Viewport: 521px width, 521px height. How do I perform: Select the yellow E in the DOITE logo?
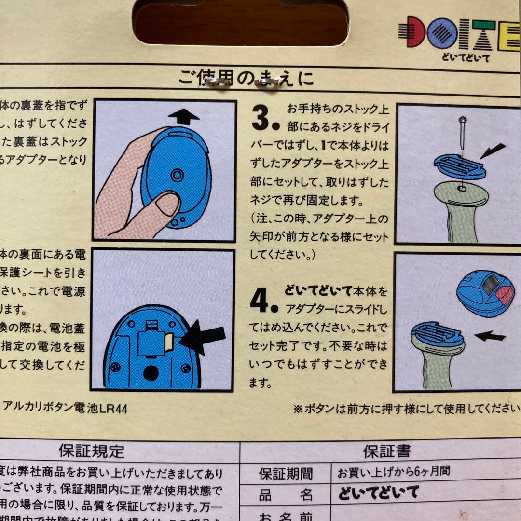click(x=510, y=34)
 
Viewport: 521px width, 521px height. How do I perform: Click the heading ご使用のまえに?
click(x=246, y=78)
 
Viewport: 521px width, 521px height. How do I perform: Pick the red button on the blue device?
click(x=506, y=295)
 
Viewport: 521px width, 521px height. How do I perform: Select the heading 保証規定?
click(x=92, y=451)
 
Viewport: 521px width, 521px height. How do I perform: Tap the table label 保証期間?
click(x=286, y=473)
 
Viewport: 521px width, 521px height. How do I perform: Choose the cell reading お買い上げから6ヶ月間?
click(x=393, y=472)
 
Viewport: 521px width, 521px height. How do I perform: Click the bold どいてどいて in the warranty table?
click(x=378, y=493)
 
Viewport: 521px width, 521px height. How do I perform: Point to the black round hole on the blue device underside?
click(x=151, y=372)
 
